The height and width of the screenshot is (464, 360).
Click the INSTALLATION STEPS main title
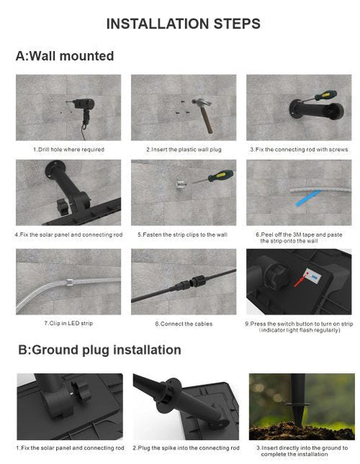(x=183, y=24)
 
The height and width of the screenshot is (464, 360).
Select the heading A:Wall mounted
(x=64, y=56)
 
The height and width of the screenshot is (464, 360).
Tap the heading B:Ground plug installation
(x=100, y=350)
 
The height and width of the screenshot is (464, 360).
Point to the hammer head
(x=202, y=103)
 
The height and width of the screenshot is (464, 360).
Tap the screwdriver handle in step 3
(x=325, y=96)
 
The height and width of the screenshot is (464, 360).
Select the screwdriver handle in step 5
(x=220, y=175)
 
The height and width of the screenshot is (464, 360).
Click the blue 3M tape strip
(x=308, y=197)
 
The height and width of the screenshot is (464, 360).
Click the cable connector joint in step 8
(x=192, y=283)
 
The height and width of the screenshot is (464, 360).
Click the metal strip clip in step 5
(x=181, y=184)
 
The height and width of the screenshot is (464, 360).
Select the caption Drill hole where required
(x=68, y=149)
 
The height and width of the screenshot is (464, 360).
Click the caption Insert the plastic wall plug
(x=184, y=149)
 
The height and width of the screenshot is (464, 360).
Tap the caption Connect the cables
(x=184, y=324)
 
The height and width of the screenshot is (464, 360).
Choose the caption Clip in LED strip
(x=68, y=323)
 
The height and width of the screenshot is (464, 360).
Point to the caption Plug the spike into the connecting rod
(x=186, y=448)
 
